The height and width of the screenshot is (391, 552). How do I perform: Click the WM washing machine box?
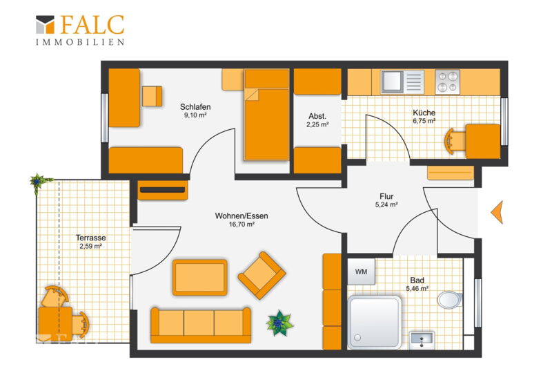[x=361, y=271]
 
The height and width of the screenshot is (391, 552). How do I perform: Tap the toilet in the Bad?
[x=450, y=300]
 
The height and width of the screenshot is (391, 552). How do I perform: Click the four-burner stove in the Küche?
[x=447, y=82]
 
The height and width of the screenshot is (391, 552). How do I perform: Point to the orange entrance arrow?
[x=497, y=212]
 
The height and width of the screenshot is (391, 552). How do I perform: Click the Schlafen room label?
[x=195, y=106]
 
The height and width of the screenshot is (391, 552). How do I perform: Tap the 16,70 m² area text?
[x=241, y=225]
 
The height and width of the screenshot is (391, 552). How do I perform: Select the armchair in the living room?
[x=262, y=275]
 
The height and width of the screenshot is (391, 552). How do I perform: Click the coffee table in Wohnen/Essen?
[x=199, y=278]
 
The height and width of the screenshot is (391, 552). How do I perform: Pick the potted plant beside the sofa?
[x=279, y=323]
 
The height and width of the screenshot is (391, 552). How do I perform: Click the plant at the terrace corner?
[x=38, y=182]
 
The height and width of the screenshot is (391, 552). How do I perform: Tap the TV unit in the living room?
[x=163, y=191]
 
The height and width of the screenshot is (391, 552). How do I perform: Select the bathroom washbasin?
[x=422, y=340]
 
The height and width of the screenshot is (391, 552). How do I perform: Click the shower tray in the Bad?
[x=375, y=322]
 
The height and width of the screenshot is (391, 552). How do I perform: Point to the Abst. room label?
[x=317, y=116]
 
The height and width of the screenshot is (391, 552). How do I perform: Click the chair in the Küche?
[x=453, y=142]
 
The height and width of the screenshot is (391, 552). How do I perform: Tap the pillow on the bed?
[x=267, y=79]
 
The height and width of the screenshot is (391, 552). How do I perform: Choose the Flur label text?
[x=386, y=196]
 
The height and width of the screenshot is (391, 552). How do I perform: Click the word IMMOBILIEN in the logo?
[x=80, y=42]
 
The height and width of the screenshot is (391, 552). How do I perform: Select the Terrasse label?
[x=91, y=238]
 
